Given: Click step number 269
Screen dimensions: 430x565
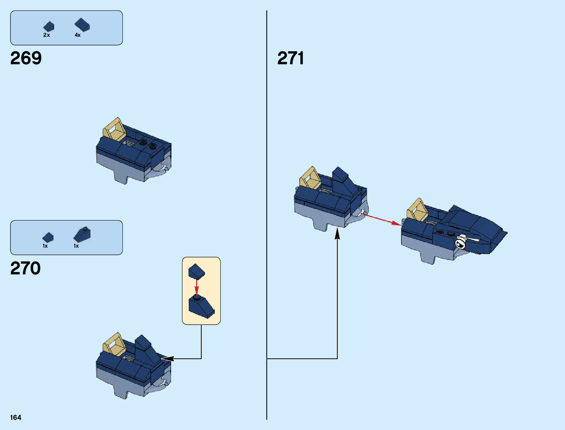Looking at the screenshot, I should pyautogui.click(x=26, y=58).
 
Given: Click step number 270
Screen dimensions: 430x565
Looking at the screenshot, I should pyautogui.click(x=26, y=268).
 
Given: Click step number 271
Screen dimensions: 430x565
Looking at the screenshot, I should pyautogui.click(x=291, y=58).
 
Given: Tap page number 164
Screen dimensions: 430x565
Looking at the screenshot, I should pyautogui.click(x=16, y=417).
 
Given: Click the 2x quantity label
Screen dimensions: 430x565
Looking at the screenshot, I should pyautogui.click(x=47, y=35).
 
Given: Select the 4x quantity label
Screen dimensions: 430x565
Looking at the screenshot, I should pyautogui.click(x=78, y=35).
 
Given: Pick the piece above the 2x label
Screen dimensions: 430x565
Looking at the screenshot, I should pyautogui.click(x=49, y=26).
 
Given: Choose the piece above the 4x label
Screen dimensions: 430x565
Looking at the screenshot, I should pyautogui.click(x=82, y=25).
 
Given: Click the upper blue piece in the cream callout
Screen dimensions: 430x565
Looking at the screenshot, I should pyautogui.click(x=196, y=271).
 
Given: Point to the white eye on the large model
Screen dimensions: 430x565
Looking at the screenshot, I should pyautogui.click(x=461, y=243).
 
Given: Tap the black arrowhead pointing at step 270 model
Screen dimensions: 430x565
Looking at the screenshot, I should pyautogui.click(x=168, y=359).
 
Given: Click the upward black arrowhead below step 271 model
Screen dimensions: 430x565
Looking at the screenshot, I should pyautogui.click(x=337, y=234).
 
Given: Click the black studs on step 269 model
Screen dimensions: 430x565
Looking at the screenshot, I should pyautogui.click(x=148, y=144).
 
